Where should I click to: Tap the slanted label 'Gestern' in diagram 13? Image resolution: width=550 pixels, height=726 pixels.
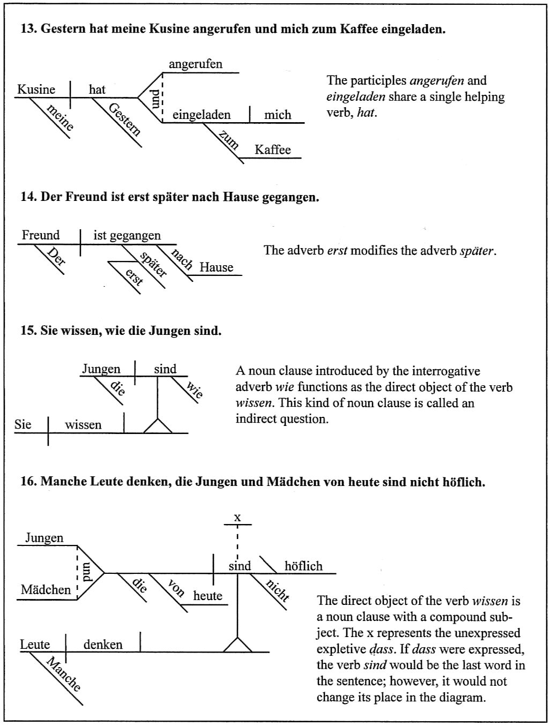(x=125, y=119)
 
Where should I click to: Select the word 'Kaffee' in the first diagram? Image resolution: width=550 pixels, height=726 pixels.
(x=273, y=150)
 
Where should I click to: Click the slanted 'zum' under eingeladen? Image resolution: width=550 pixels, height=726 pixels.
(x=229, y=141)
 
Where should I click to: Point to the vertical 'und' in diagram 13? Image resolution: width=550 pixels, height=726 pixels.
(x=155, y=99)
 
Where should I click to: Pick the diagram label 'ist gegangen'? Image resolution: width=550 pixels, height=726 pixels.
(x=127, y=236)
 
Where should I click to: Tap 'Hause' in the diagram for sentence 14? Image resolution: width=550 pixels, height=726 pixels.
(x=217, y=267)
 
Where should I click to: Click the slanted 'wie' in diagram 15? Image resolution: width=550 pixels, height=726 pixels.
(x=195, y=390)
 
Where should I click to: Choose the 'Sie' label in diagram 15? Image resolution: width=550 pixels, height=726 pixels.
(x=23, y=425)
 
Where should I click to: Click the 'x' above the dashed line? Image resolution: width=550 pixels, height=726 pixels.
(x=238, y=517)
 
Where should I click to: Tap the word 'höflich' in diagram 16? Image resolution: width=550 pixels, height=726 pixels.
(x=303, y=566)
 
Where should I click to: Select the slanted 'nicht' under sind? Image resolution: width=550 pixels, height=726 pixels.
(x=278, y=590)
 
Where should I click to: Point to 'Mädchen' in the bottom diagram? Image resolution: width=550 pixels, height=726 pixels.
(x=46, y=590)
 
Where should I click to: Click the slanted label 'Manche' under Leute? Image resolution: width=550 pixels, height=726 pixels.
(x=64, y=675)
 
